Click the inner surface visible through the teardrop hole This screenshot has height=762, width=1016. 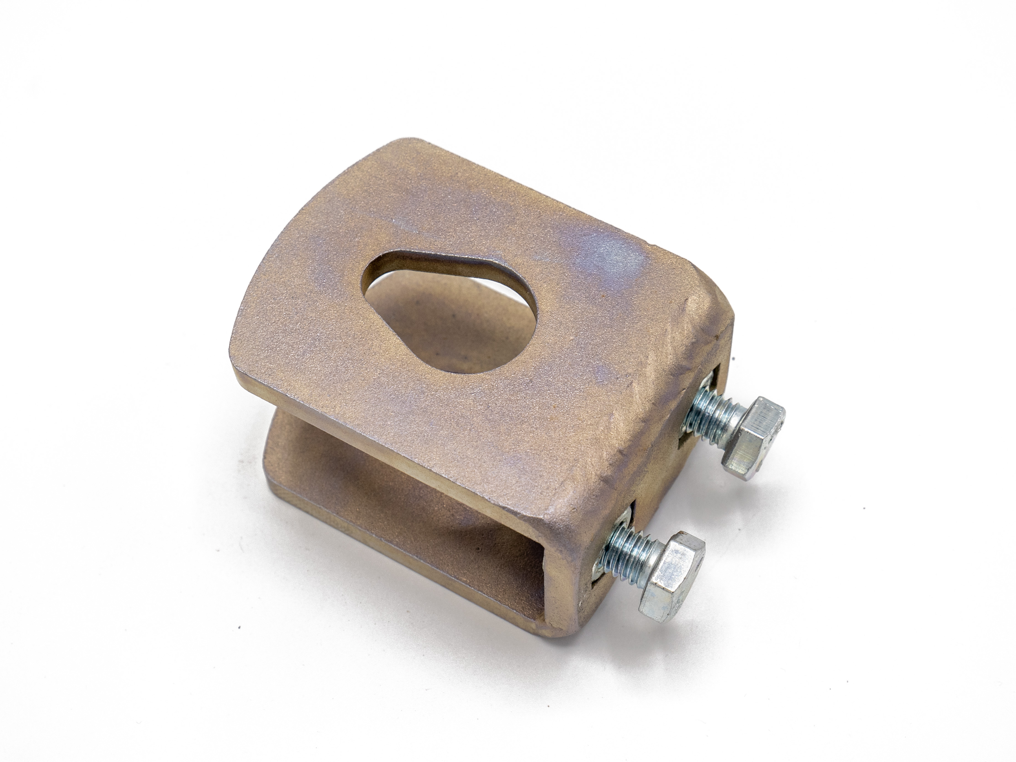(413, 322)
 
